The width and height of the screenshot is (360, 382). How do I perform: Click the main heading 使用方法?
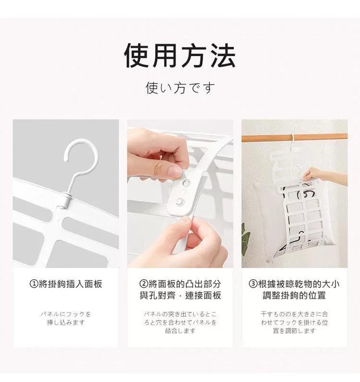pyautogui.click(x=180, y=56)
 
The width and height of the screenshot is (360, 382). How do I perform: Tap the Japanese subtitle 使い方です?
pyautogui.click(x=180, y=88)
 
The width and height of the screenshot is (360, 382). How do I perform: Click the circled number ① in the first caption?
pyautogui.click(x=34, y=284)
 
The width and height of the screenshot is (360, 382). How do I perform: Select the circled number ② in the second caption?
pyautogui.click(x=144, y=284)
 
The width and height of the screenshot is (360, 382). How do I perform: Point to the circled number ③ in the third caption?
pyautogui.click(x=253, y=284)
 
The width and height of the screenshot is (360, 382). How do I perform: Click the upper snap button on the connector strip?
pyautogui.click(x=187, y=182)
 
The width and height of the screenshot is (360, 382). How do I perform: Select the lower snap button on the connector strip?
pyautogui.click(x=180, y=202)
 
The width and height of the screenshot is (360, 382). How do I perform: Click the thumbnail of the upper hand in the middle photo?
pyautogui.click(x=175, y=170)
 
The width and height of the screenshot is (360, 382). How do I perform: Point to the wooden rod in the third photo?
pyautogui.click(x=294, y=137)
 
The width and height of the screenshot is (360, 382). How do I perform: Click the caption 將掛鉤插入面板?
pyautogui.click(x=71, y=284)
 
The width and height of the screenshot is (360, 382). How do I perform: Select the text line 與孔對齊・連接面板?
pyautogui.click(x=180, y=295)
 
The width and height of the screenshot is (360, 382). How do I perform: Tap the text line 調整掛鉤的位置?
pyautogui.click(x=294, y=295)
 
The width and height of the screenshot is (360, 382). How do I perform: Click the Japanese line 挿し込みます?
pyautogui.click(x=66, y=322)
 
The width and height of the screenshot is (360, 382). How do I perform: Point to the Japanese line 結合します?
pyautogui.click(x=180, y=331)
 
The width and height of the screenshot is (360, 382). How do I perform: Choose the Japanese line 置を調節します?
pyautogui.click(x=294, y=331)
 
